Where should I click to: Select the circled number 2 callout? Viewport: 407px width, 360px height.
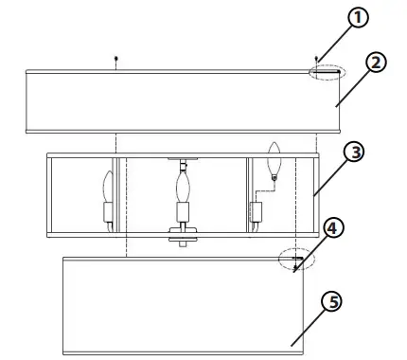376,63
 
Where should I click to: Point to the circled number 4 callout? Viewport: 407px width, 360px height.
332,228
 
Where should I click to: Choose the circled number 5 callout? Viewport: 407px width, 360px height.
330,302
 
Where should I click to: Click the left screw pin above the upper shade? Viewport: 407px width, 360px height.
115,59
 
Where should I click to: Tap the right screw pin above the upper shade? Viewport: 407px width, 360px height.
315,59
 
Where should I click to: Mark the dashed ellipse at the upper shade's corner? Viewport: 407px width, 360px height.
328,71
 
